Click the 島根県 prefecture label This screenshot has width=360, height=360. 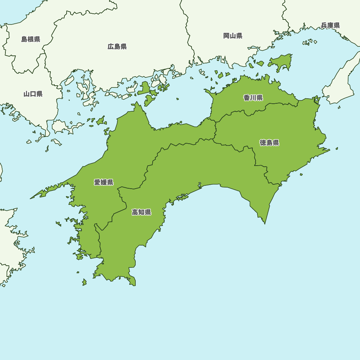(31, 39)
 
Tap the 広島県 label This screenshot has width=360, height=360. (117, 46)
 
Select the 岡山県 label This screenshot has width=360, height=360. (233, 36)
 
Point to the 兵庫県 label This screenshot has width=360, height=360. (330, 25)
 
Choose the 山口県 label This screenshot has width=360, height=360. (33, 94)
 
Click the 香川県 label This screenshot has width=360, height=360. (253, 98)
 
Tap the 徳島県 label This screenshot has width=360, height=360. (269, 143)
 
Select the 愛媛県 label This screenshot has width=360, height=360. (104, 182)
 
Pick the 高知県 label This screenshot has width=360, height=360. (141, 212)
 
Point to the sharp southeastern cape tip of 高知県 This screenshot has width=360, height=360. (265, 224)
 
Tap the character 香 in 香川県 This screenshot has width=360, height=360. (247, 98)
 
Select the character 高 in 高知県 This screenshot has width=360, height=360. (135, 212)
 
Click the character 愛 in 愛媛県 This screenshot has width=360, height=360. (97, 182)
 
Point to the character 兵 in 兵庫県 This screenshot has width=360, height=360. (324, 25)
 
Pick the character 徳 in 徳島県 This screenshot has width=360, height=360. (263, 143)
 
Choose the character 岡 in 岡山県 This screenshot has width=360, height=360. (226, 36)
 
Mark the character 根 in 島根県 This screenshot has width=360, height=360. (31, 39)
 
